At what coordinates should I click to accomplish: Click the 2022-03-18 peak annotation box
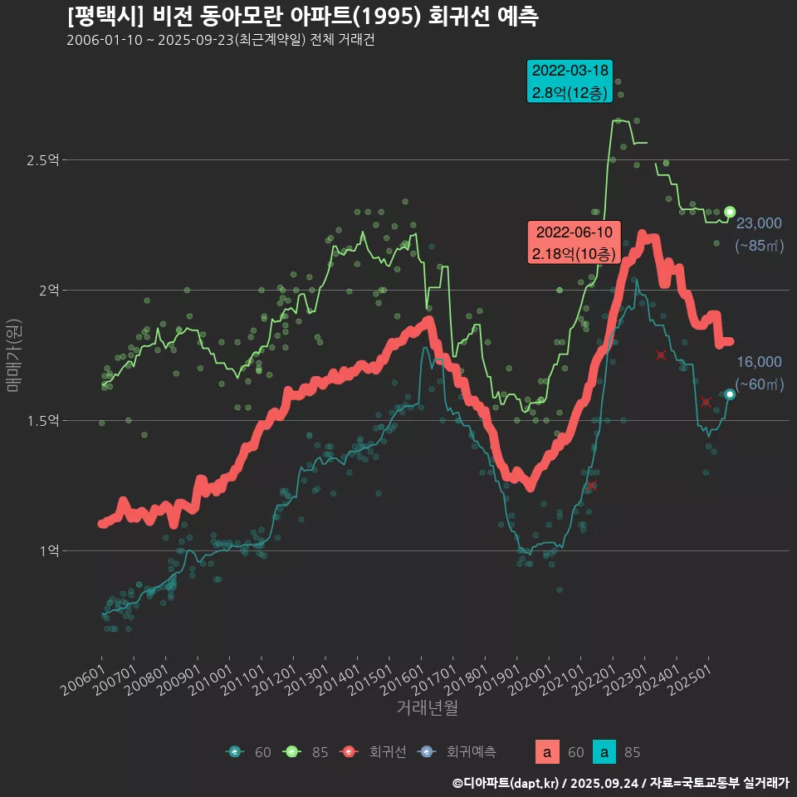point(570,81)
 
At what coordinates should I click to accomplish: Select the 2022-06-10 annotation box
point(574,242)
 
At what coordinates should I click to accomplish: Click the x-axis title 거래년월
point(427,707)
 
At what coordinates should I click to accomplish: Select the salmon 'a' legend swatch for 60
point(545,752)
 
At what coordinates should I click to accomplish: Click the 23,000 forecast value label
point(759,222)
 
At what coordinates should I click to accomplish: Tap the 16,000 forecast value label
point(759,362)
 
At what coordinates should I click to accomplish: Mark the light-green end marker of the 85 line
point(730,212)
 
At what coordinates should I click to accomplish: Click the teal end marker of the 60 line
point(730,394)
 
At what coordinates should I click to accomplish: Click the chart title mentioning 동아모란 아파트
point(303,17)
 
